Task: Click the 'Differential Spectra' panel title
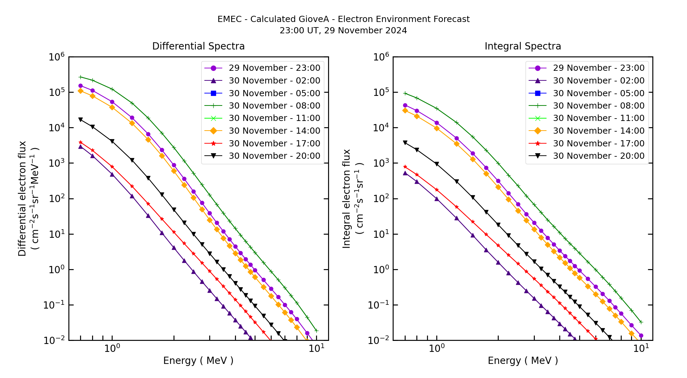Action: (198, 46)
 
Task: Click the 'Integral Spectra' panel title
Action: (522, 46)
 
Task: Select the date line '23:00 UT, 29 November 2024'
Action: (343, 31)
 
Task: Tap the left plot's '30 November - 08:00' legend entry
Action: (274, 105)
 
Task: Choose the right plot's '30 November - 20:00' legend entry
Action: (598, 156)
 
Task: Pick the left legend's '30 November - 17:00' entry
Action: (274, 143)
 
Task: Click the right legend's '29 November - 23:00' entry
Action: (598, 68)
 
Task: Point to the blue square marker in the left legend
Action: (213, 93)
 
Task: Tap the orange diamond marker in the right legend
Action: (538, 131)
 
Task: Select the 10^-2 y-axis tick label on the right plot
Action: (378, 340)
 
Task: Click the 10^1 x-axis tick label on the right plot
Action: (641, 348)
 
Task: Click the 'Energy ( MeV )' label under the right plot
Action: (522, 360)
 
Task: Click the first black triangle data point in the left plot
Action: (80, 120)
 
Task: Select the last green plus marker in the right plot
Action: (641, 322)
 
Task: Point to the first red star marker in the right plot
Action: (405, 167)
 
